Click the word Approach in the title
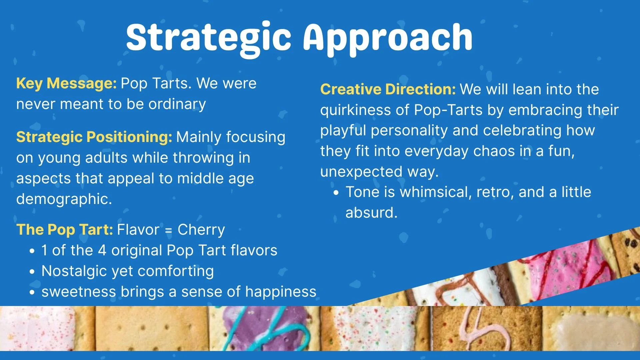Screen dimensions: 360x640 (387, 37)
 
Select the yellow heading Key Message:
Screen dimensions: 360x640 (66, 83)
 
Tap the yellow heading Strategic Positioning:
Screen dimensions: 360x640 (94, 137)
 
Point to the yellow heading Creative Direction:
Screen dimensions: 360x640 (388, 89)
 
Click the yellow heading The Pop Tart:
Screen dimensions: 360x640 (65, 230)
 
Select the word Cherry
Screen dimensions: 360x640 (201, 230)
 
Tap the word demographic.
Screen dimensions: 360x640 (63, 199)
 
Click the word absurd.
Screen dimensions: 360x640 (371, 213)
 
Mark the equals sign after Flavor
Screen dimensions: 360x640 (168, 230)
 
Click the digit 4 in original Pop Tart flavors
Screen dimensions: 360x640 (102, 250)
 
